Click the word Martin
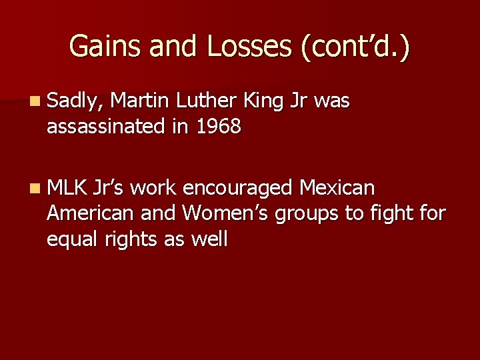pos(140,101)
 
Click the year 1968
pos(218,125)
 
